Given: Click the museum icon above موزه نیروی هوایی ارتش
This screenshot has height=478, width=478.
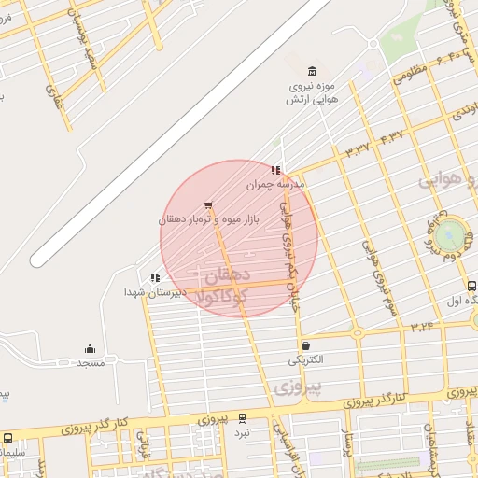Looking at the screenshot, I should [311, 71].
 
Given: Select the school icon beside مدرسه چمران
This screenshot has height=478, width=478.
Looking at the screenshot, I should [275, 170].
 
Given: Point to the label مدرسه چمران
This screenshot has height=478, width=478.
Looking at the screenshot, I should [276, 185].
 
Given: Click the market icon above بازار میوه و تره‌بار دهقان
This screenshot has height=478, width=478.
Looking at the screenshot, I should [208, 204].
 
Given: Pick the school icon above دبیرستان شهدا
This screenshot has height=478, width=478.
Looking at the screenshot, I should [155, 276].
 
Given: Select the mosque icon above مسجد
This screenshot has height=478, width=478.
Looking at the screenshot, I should [91, 348].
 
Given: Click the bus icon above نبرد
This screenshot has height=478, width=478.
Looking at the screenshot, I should [243, 418].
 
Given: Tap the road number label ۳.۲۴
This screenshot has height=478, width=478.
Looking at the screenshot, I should [422, 327].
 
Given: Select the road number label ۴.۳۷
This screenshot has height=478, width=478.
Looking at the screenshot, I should [392, 135].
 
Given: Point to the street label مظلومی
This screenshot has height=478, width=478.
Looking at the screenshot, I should [411, 74].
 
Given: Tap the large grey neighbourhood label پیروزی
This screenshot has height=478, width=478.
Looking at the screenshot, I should [299, 385].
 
